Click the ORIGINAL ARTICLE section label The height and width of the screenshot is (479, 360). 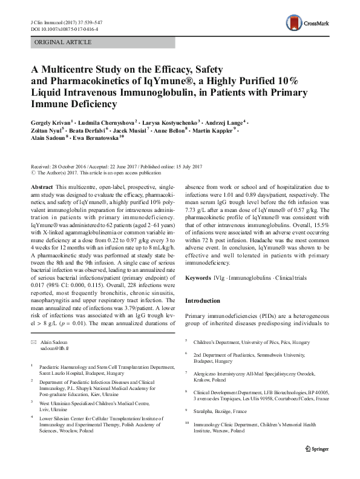(x=64, y=43)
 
